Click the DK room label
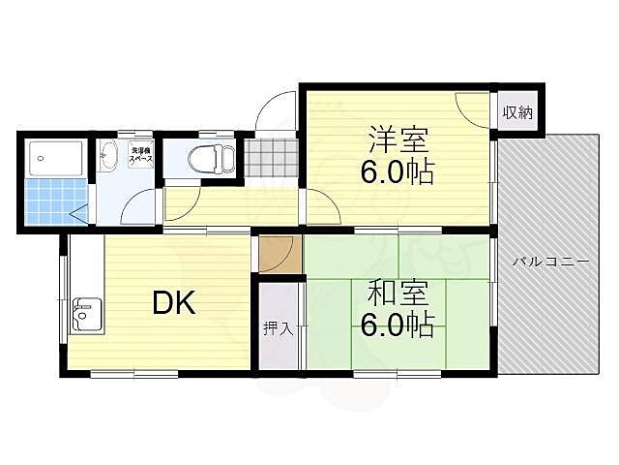click(x=174, y=303)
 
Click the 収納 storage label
click(x=517, y=112)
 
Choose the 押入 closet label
click(x=279, y=329)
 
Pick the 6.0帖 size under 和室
click(x=398, y=323)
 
